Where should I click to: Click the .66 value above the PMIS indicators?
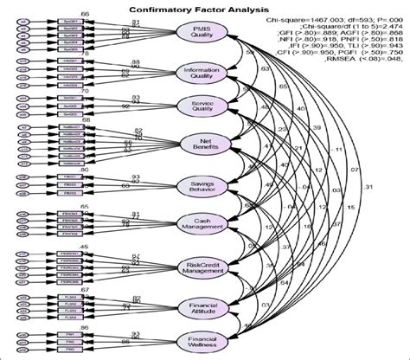coord(83,15)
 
